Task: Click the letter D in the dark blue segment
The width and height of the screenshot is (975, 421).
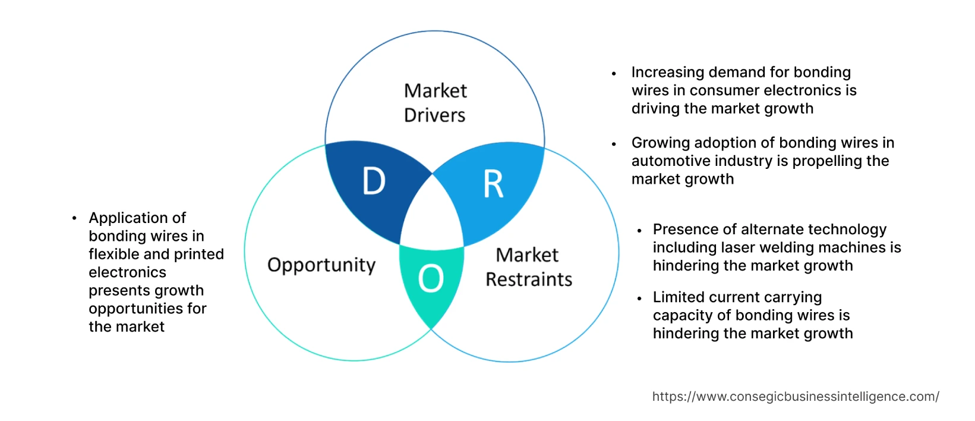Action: (374, 181)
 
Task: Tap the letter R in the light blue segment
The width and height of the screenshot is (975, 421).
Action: (493, 184)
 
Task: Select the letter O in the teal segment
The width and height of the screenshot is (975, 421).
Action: (431, 278)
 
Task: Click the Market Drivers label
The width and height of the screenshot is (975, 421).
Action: (435, 103)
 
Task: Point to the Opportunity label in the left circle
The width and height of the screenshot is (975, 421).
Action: (321, 265)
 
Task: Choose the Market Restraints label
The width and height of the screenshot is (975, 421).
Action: (528, 267)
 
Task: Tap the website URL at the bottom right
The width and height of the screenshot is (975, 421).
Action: (796, 397)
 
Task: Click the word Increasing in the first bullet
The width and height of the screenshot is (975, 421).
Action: (667, 73)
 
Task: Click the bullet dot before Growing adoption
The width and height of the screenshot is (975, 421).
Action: (614, 143)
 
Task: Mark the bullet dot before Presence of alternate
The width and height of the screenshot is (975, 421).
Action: (639, 230)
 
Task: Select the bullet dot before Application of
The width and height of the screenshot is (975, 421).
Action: (74, 218)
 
